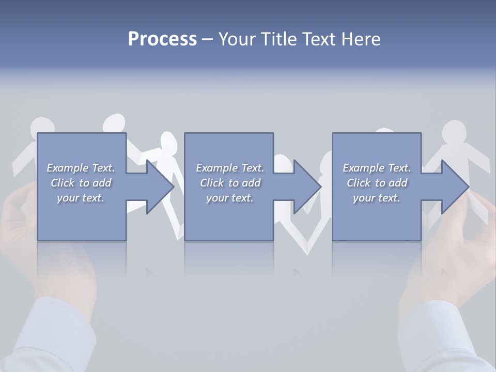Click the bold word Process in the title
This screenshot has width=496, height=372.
point(162,39)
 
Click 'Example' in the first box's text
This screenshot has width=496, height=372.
point(68,168)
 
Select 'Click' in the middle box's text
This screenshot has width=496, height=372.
point(212,183)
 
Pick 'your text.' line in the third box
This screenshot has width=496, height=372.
point(377,198)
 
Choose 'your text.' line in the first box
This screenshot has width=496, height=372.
point(81,198)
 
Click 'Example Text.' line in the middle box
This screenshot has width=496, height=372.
point(230,168)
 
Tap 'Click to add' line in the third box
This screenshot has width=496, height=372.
point(377,183)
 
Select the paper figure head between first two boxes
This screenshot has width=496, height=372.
point(168,142)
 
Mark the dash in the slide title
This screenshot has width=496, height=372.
point(207,39)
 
